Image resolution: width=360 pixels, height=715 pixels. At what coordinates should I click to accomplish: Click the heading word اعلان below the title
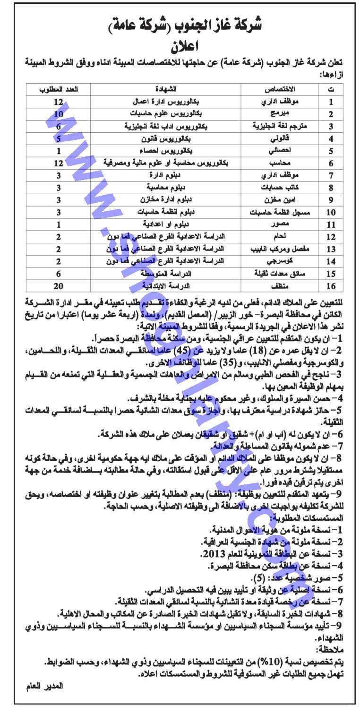(181, 46)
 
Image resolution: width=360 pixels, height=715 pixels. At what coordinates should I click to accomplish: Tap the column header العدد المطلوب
(59, 89)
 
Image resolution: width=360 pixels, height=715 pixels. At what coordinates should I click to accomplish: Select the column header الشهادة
(166, 89)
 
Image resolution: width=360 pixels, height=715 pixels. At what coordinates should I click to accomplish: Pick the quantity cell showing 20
(59, 286)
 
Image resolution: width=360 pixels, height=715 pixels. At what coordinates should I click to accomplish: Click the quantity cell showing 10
(59, 114)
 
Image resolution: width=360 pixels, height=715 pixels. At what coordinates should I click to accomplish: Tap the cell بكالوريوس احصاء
(167, 151)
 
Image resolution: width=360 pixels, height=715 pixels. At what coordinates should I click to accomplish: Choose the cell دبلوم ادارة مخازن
(166, 200)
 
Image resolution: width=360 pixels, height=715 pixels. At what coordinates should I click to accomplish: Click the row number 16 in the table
(331, 286)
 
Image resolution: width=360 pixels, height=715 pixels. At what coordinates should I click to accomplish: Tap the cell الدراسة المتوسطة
(166, 274)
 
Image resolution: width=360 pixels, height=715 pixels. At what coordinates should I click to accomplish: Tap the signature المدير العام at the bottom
(44, 686)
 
